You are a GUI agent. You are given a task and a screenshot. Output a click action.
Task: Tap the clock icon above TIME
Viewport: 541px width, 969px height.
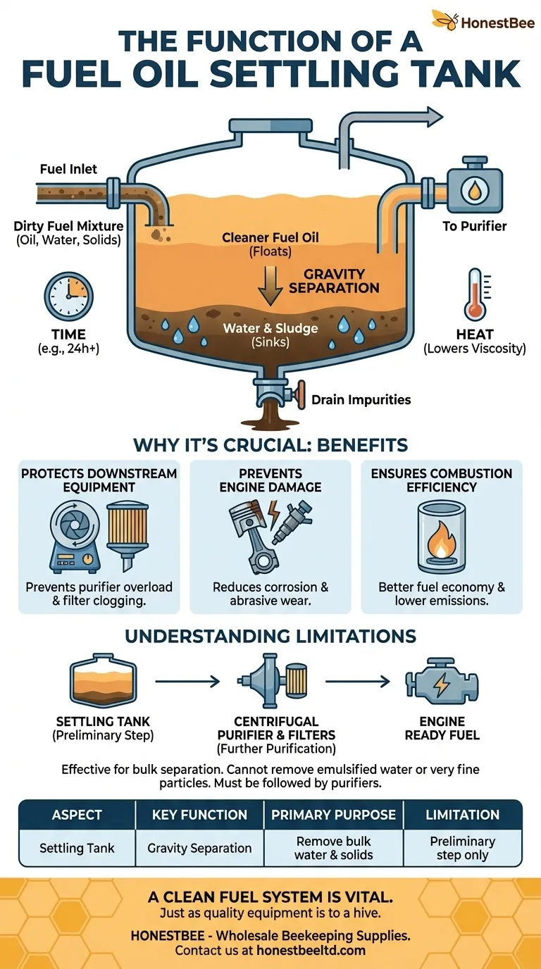(68, 296)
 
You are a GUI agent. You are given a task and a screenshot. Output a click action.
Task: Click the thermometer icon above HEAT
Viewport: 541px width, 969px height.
(474, 294)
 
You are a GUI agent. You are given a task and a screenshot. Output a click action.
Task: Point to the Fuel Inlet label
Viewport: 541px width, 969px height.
(68, 169)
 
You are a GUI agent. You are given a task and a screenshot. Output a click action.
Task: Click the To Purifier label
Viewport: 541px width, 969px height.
(475, 227)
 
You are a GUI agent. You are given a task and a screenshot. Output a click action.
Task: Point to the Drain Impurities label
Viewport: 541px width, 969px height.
(361, 399)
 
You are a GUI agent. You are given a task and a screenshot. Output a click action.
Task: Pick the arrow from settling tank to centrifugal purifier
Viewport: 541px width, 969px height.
(187, 681)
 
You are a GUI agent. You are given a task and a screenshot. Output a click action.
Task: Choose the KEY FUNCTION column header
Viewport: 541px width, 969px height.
(199, 815)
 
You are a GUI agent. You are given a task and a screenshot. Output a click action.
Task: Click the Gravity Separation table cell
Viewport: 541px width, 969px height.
(199, 848)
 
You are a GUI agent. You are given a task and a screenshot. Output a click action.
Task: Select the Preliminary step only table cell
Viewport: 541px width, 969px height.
(462, 848)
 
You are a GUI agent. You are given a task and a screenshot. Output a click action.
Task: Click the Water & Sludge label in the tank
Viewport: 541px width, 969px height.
(270, 329)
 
